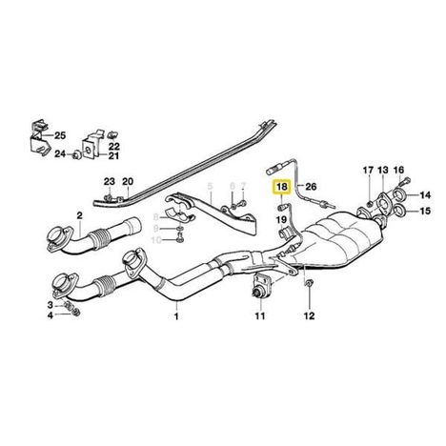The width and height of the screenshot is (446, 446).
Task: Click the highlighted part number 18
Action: (282, 187)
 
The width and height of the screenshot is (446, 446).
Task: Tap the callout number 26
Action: (311, 186)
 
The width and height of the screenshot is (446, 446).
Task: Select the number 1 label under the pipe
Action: (176, 316)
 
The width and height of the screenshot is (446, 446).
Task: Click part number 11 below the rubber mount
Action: (260, 316)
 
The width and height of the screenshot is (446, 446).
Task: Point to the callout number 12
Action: (309, 315)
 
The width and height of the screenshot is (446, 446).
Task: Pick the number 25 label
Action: (59, 135)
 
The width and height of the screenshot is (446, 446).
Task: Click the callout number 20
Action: (128, 182)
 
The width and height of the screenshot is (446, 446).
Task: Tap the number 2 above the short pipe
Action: (79, 216)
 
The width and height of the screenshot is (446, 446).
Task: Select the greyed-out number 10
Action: (156, 240)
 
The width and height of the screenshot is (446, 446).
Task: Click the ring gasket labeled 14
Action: (398, 194)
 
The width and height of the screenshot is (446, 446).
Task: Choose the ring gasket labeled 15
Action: (398, 211)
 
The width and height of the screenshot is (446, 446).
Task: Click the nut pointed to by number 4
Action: (76, 313)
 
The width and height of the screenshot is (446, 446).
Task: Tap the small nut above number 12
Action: (309, 282)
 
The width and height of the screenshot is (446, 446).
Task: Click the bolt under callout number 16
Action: (404, 182)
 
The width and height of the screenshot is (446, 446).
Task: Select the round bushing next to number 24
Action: (76, 154)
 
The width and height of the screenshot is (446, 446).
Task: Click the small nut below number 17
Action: (370, 204)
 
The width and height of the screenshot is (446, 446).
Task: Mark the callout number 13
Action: (383, 170)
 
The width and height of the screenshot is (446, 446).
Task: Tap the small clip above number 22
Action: (111, 135)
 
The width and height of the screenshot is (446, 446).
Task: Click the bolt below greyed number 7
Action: (243, 202)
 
